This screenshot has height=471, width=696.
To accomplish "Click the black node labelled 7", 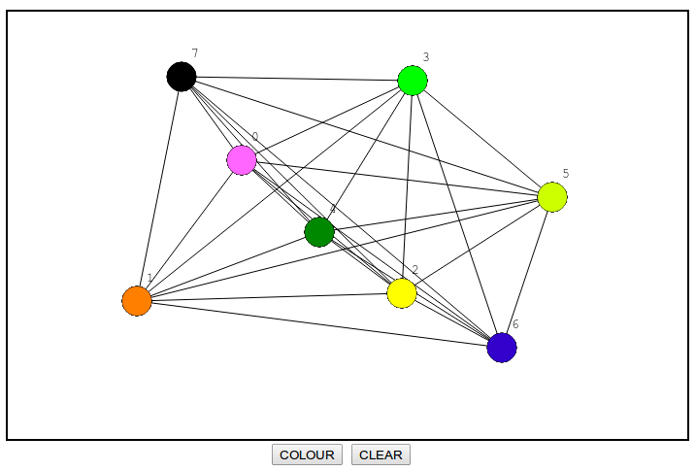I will [x=182, y=76].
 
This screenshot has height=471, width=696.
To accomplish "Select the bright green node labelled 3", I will [x=413, y=81].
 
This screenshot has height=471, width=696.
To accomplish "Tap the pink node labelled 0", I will [x=242, y=160].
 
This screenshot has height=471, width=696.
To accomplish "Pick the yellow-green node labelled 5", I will [x=552, y=196].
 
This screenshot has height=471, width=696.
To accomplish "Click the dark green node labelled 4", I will [x=319, y=232].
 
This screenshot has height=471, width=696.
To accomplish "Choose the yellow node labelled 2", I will [x=402, y=292].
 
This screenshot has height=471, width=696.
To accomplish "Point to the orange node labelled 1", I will [x=137, y=301].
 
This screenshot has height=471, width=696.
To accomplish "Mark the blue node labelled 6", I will [x=502, y=347].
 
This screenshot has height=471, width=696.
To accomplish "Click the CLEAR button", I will [x=381, y=454].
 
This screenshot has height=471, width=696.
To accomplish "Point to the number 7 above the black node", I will [x=195, y=53].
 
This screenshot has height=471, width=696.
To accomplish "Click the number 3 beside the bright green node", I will [x=426, y=57].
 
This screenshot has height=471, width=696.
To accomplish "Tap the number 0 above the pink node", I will [x=255, y=137].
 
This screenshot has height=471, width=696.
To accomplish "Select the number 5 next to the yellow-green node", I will [x=566, y=174].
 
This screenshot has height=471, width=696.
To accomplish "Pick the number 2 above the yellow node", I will [x=415, y=270].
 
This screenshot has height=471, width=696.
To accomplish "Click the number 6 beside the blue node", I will [x=515, y=324].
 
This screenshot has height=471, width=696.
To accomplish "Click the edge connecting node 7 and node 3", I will [x=297, y=78].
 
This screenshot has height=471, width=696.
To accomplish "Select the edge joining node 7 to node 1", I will [x=159, y=188].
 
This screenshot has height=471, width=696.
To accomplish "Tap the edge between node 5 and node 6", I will [x=527, y=272].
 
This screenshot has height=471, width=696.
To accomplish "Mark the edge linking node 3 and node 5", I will [x=482, y=138].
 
